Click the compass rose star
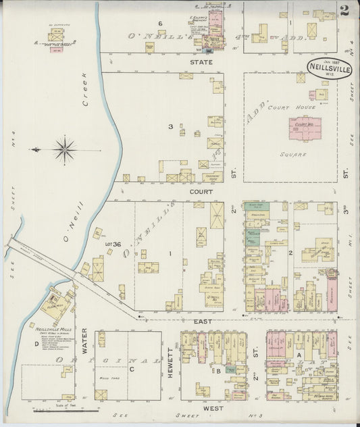point(65,149)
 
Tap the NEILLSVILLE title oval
point(329,68)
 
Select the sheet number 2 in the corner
point(344,10)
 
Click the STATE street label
point(201,62)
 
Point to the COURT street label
point(201,192)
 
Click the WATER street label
point(84,340)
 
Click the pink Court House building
point(305,128)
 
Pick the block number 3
point(170,126)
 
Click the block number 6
point(160,24)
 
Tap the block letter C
point(131,368)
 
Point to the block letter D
point(36,343)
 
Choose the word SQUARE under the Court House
point(294,154)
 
